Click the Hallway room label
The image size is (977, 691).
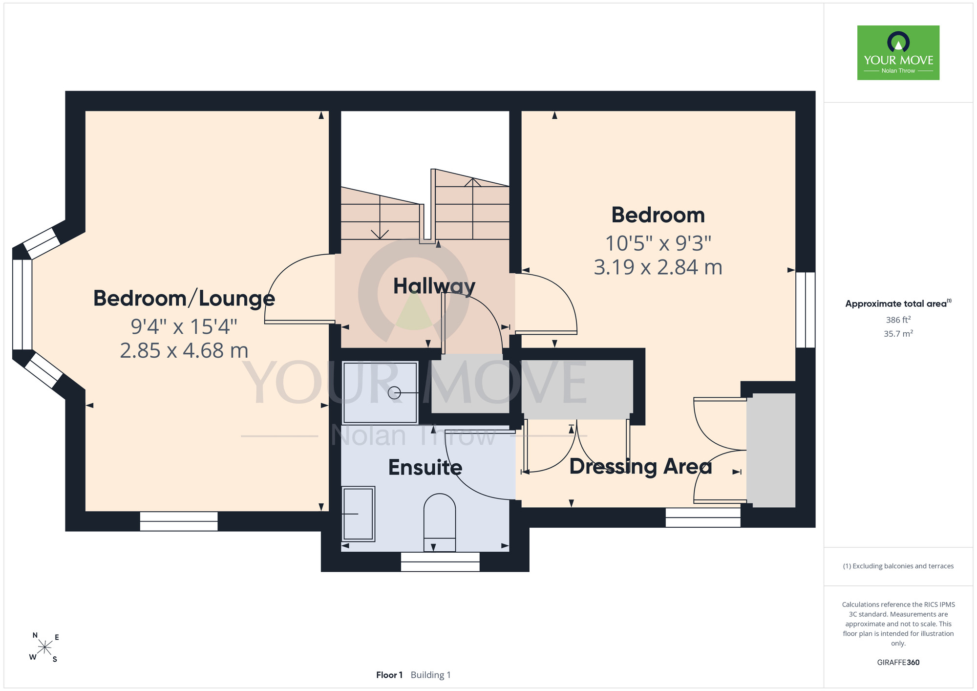point(434,286)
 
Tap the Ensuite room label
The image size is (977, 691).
point(425,468)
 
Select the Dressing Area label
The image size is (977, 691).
point(640,467)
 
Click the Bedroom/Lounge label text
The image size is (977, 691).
point(184,299)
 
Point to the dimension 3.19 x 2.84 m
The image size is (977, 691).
point(658,267)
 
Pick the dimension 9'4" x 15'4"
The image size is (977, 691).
point(184,326)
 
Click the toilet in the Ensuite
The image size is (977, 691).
point(440,522)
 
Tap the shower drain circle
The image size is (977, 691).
point(394,393)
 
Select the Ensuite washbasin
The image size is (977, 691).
point(359,514)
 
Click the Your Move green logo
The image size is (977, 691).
point(898,53)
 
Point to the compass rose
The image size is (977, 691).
point(44,648)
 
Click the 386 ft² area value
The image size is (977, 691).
point(898,320)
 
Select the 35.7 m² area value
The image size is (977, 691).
point(898,334)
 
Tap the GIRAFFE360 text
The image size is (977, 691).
point(898,663)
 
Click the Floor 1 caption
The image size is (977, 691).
point(389,675)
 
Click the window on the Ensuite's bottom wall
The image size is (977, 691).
point(440,561)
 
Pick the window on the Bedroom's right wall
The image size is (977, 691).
point(806,310)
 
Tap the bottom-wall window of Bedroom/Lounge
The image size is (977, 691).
point(179,521)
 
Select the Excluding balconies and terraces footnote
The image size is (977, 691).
point(898,566)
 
